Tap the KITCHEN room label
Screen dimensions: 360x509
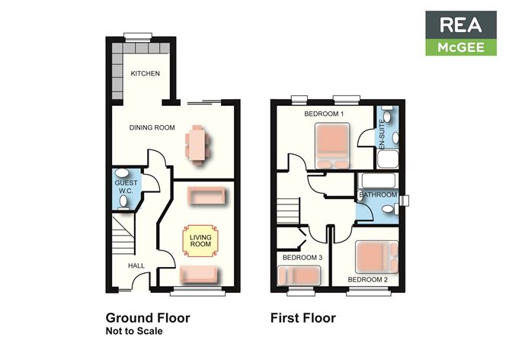145,74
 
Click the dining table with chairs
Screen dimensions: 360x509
197,145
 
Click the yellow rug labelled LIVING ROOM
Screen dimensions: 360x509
200,242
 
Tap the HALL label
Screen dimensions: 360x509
136,265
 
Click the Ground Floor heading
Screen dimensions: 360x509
147,317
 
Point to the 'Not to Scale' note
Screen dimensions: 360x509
134,332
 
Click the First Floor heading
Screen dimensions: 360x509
303,317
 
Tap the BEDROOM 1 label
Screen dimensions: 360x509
325,114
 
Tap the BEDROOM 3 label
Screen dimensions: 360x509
303,258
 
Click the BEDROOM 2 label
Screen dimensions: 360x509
368,280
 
